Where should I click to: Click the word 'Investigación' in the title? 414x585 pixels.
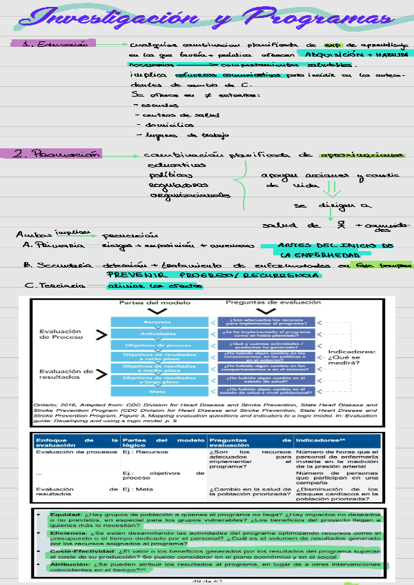click(x=110, y=20)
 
